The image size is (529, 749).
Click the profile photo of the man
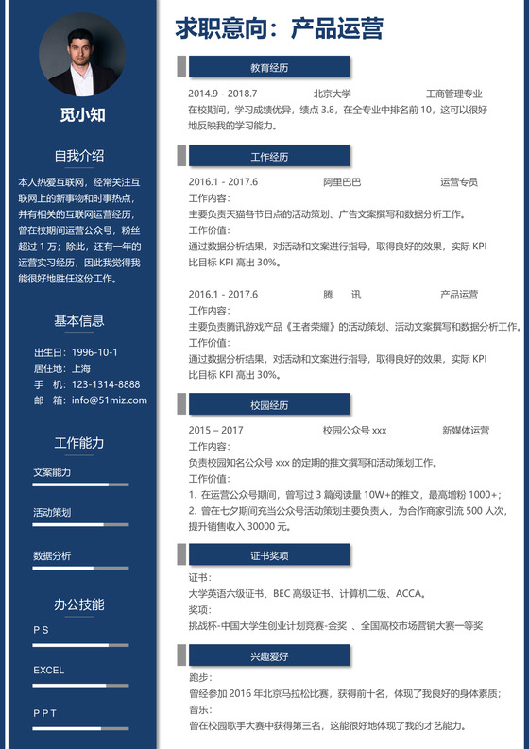[82, 55]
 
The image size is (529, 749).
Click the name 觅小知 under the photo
[82, 115]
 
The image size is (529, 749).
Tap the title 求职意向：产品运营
[279, 29]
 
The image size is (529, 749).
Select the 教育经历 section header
[269, 68]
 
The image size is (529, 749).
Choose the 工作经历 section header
[269, 156]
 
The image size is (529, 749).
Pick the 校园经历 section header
[269, 404]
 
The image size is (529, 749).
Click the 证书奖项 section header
[269, 555]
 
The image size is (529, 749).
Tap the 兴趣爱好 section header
[269, 655]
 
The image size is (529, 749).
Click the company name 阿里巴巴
[342, 181]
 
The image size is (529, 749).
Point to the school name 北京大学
[333, 94]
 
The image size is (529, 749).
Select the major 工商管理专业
[454, 94]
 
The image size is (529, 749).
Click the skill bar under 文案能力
[80, 485]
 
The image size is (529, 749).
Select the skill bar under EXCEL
[80, 686]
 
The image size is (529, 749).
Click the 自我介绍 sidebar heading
[79, 156]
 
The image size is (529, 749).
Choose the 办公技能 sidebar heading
[79, 604]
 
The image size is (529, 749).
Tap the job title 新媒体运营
[466, 430]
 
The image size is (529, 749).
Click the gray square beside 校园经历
[181, 404]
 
